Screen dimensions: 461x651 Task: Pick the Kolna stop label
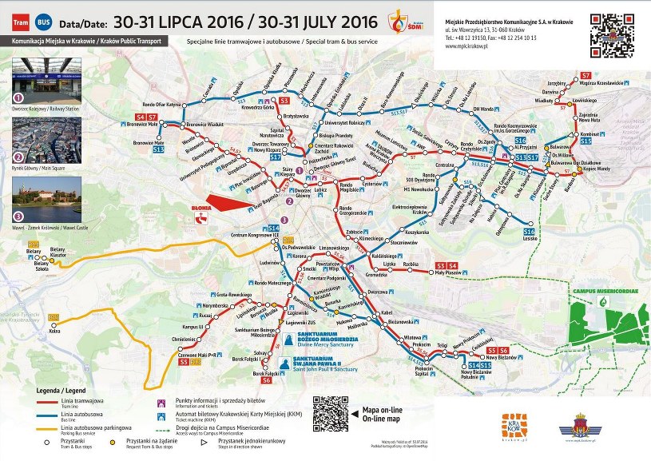click(x=54, y=332)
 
